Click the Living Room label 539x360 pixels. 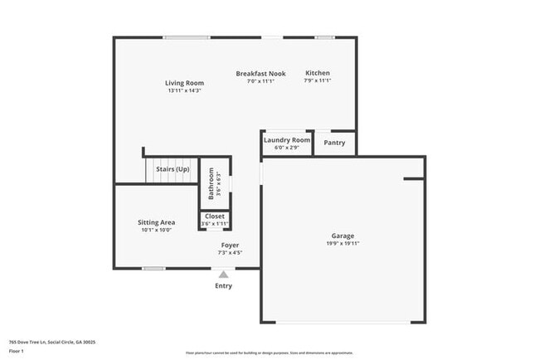click(x=184, y=83)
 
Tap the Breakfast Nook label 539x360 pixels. click(x=260, y=73)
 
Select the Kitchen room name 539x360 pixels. click(x=318, y=73)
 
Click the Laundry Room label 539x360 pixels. click(x=287, y=140)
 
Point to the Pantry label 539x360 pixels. click(x=335, y=143)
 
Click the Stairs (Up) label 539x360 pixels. click(x=172, y=169)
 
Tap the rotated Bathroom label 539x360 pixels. click(x=211, y=182)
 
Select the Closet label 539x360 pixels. click(x=215, y=216)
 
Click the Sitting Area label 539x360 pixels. click(x=156, y=222)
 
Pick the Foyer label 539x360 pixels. click(x=230, y=246)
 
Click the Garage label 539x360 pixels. click(x=342, y=236)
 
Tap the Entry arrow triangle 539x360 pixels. click(x=223, y=274)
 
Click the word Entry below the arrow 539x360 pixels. click(x=224, y=285)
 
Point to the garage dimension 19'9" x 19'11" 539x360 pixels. click(x=342, y=244)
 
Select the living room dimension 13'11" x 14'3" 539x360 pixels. click(x=184, y=90)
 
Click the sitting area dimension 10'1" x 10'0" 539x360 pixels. click(x=156, y=230)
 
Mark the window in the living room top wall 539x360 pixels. click(x=187, y=36)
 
